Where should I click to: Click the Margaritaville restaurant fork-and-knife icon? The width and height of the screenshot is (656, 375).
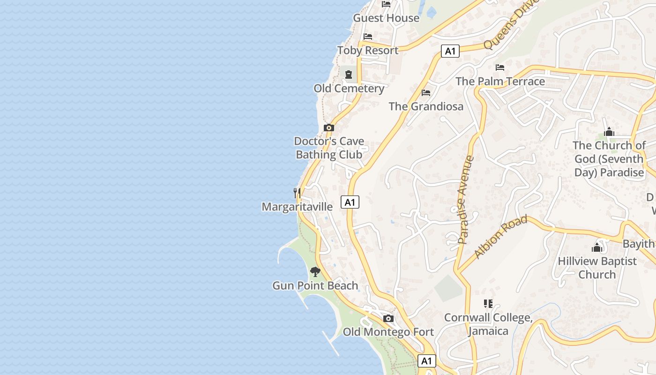point(297,193)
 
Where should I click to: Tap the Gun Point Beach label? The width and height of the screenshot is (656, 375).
point(315,285)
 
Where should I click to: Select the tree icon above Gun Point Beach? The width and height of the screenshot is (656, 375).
point(315,271)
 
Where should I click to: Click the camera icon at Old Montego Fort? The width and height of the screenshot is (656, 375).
point(388,319)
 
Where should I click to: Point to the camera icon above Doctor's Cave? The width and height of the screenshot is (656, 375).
point(329,127)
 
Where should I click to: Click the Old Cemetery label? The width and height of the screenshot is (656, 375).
point(349,88)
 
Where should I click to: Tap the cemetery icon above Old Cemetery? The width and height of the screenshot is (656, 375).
point(349,74)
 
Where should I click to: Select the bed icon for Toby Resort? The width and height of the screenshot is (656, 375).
point(368,37)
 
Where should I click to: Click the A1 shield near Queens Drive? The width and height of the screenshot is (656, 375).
point(450,51)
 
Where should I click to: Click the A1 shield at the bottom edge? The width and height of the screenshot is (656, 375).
point(426,361)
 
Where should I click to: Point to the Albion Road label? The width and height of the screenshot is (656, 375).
point(500,237)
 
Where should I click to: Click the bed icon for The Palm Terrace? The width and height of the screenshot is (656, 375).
point(500,67)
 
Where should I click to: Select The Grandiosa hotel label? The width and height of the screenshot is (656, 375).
point(426,106)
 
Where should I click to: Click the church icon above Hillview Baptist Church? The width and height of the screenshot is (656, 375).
point(597,247)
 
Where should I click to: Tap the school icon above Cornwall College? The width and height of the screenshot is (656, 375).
point(488,304)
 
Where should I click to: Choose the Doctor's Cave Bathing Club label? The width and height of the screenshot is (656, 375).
point(329,148)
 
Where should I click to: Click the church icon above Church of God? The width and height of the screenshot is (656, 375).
point(609,132)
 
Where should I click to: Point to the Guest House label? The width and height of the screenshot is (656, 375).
point(386,18)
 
